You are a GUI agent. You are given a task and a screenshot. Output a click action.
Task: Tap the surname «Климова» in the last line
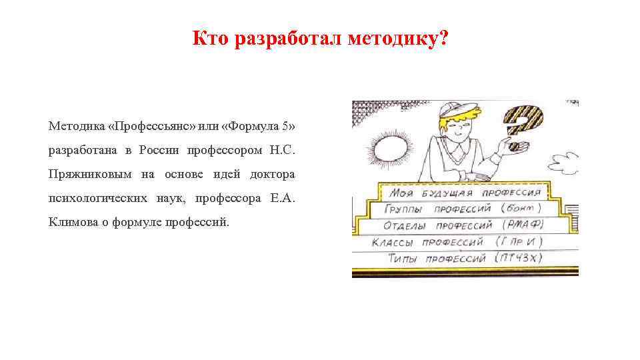pyautogui.click(x=71, y=222)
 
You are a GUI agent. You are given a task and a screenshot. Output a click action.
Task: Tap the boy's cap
pyautogui.click(x=457, y=110)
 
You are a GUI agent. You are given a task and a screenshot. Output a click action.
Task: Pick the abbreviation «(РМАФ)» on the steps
pyautogui.click(x=524, y=224)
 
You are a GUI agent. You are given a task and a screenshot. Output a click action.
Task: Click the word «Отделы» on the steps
pyautogui.click(x=398, y=225)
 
